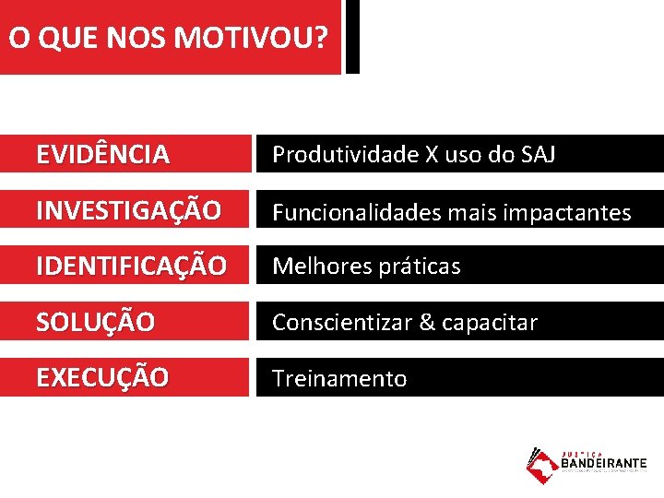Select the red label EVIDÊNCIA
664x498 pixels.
tap(103, 155)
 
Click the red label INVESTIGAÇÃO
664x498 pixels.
tap(129, 211)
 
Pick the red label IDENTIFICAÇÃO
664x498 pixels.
tap(131, 267)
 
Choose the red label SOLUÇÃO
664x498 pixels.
tap(95, 323)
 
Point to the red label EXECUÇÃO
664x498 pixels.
tap(102, 378)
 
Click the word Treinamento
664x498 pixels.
tap(339, 379)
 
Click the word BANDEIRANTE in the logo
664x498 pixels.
tap(604, 464)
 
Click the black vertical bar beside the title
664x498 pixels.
tap(352, 37)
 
